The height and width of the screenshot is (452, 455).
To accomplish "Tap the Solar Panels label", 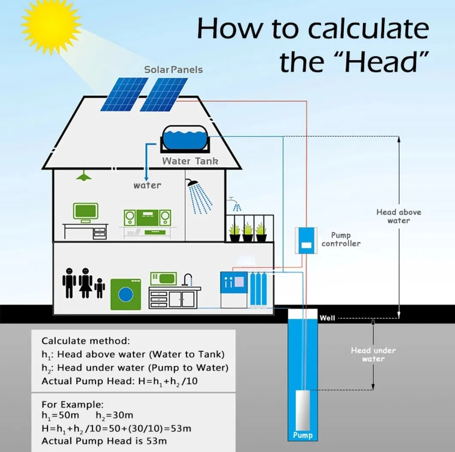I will [173, 70].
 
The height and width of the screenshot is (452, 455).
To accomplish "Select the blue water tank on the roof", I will [183, 138].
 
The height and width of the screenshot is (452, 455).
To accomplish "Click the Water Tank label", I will [190, 161].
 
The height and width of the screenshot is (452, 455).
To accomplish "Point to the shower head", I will [193, 183].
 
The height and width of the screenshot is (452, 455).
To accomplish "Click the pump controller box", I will [306, 240].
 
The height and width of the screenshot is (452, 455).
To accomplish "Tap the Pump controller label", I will [341, 240].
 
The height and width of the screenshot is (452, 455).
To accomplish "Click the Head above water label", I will [399, 216].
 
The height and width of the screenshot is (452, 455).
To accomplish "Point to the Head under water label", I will [373, 355].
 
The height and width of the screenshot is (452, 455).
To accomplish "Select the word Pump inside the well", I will [303, 435].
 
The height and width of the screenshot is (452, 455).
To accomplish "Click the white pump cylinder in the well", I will [303, 408].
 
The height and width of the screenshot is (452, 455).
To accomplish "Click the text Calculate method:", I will [85, 341].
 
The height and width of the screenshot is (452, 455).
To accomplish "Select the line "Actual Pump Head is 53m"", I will [104, 441].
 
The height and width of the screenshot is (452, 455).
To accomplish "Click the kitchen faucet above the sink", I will [187, 279].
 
